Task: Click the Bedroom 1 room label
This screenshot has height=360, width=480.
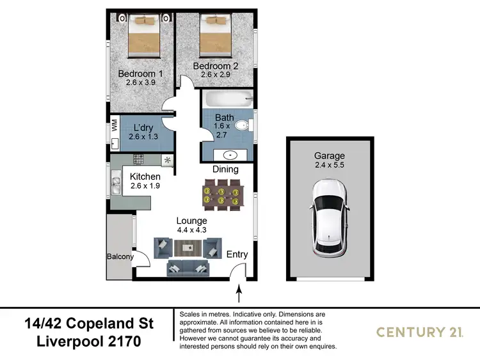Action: coord(140,74)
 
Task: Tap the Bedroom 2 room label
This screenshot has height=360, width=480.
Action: coord(215,66)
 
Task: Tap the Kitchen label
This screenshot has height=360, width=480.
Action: coord(145,176)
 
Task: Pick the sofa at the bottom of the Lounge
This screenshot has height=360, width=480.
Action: coord(189,267)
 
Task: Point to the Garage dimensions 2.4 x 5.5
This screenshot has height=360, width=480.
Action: coord(329,166)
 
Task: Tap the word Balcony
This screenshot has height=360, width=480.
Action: coord(120,257)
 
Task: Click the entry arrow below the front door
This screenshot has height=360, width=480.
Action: coord(239,294)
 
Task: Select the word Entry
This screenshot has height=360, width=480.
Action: coord(237,254)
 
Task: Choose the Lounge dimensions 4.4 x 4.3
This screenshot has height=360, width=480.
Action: coord(192,230)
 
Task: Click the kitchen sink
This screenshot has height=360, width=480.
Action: coord(116,186)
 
